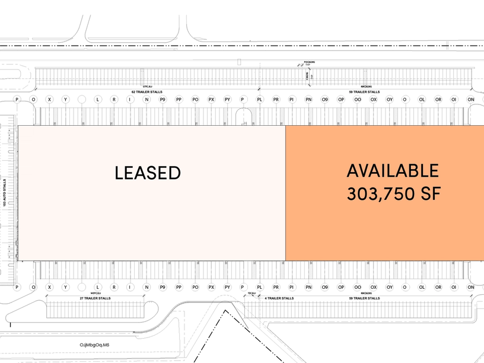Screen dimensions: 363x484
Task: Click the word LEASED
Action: click(x=147, y=173)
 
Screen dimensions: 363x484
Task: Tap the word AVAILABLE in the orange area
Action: click(x=393, y=171)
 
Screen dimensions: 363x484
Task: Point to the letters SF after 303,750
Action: click(x=430, y=194)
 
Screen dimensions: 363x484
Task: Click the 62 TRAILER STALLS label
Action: click(x=147, y=92)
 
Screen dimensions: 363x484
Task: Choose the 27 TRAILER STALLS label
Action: click(x=95, y=298)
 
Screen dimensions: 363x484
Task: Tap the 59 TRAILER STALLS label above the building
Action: click(x=364, y=92)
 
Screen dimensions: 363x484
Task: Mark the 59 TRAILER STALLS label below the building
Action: click(x=364, y=298)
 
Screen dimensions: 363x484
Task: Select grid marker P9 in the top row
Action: click(x=163, y=100)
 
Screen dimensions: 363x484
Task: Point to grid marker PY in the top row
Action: click(x=227, y=100)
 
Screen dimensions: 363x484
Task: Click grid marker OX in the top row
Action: click(x=373, y=100)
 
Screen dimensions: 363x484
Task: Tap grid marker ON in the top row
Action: click(x=470, y=100)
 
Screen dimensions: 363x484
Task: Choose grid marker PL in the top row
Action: click(x=260, y=100)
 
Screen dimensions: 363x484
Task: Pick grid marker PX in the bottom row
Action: click(x=211, y=287)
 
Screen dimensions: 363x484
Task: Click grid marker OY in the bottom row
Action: click(x=390, y=287)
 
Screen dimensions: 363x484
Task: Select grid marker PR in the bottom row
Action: click(x=276, y=287)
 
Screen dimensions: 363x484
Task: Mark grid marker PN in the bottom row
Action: click(x=308, y=287)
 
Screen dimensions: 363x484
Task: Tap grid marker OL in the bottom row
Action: click(x=422, y=287)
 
